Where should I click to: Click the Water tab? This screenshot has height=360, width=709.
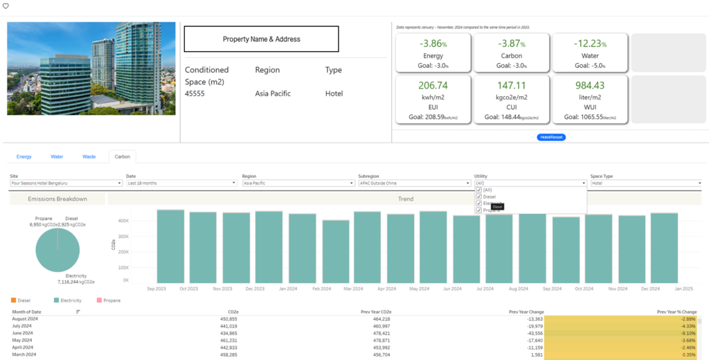coord(57,157)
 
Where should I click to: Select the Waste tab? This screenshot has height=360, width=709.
coord(89,157)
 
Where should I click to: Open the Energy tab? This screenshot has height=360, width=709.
coord(24,157)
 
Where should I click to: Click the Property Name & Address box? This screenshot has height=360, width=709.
coord(261,39)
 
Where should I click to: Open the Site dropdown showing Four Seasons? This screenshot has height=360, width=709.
coord(66,183)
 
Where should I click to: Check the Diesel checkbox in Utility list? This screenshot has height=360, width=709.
coord(479,197)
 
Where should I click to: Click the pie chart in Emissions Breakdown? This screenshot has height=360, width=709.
coord(57,250)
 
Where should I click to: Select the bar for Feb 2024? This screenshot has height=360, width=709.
coord(336,251)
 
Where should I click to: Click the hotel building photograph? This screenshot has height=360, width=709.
coord(91,69)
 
